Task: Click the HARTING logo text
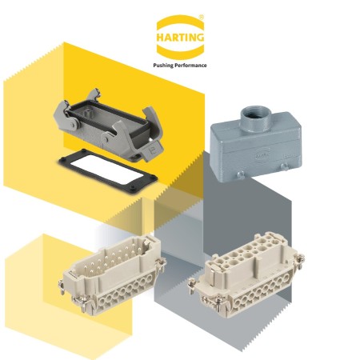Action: (180, 37)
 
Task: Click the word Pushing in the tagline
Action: (163, 66)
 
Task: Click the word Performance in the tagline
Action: (191, 65)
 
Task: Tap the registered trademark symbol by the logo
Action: (202, 18)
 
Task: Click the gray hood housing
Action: (257, 145)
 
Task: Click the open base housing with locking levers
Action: (108, 125)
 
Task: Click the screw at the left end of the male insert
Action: (62, 287)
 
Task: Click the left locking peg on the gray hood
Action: (240, 175)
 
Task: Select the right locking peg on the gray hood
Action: (285, 166)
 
